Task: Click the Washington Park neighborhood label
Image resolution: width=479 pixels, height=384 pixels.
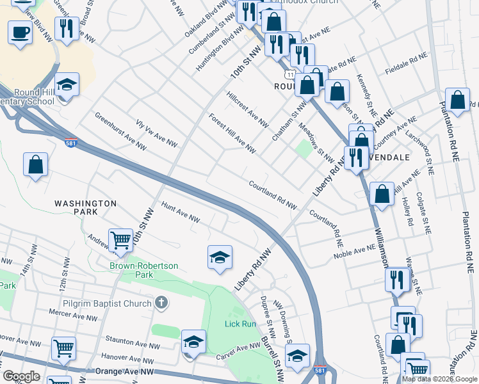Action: point(85,207)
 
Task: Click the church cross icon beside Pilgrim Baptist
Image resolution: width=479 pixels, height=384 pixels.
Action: point(161,303)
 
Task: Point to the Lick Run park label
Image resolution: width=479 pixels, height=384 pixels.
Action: point(240,324)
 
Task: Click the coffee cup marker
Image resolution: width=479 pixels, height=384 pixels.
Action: point(20,32)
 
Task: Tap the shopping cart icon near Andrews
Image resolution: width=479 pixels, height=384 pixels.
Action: point(120,241)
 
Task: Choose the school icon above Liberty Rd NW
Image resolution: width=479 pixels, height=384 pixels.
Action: point(220,257)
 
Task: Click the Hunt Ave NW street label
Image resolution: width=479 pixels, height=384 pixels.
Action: point(181,213)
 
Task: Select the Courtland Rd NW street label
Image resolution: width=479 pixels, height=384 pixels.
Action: point(273,194)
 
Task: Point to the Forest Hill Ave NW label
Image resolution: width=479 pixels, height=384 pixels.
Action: point(232,134)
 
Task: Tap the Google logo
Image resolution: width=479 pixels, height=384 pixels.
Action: point(21,376)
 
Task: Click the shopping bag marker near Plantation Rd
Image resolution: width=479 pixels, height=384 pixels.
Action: point(457,100)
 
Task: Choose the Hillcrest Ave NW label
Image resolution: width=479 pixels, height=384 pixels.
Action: point(247,109)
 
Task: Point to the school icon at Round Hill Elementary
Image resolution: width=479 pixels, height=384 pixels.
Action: point(65,85)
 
